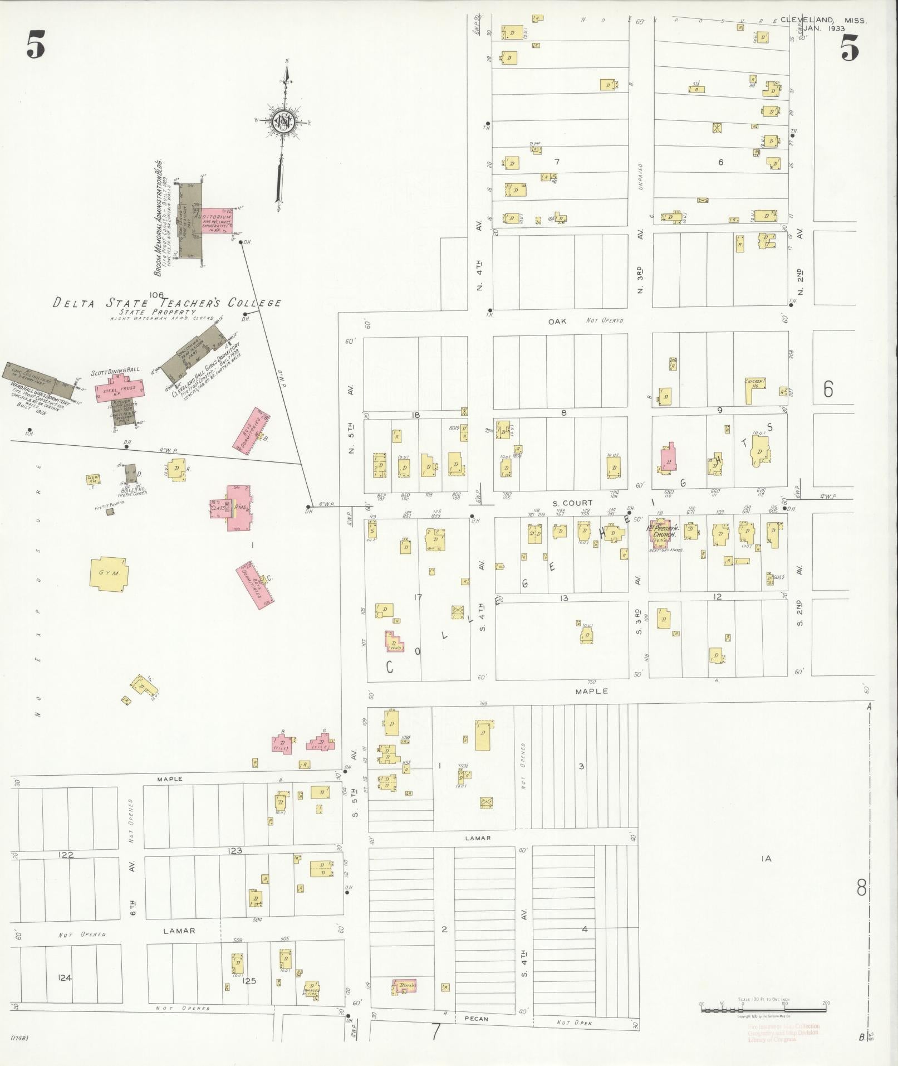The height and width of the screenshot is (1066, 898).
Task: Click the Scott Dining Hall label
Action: (116, 369)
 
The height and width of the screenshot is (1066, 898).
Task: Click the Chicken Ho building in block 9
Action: (756, 390)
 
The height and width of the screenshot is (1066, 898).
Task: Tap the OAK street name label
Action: (557, 322)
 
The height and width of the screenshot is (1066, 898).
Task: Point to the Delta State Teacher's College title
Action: (167, 303)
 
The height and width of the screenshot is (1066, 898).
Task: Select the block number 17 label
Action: (418, 597)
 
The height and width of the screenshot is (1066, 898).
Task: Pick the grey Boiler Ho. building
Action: (130, 474)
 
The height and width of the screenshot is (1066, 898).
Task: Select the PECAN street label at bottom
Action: (475, 1019)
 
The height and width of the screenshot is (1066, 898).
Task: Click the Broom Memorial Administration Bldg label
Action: (159, 218)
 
